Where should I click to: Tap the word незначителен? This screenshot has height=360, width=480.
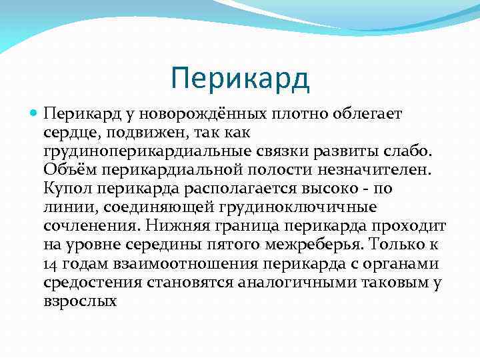[x=374, y=171]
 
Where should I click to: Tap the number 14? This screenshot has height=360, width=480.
[x=51, y=264]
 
